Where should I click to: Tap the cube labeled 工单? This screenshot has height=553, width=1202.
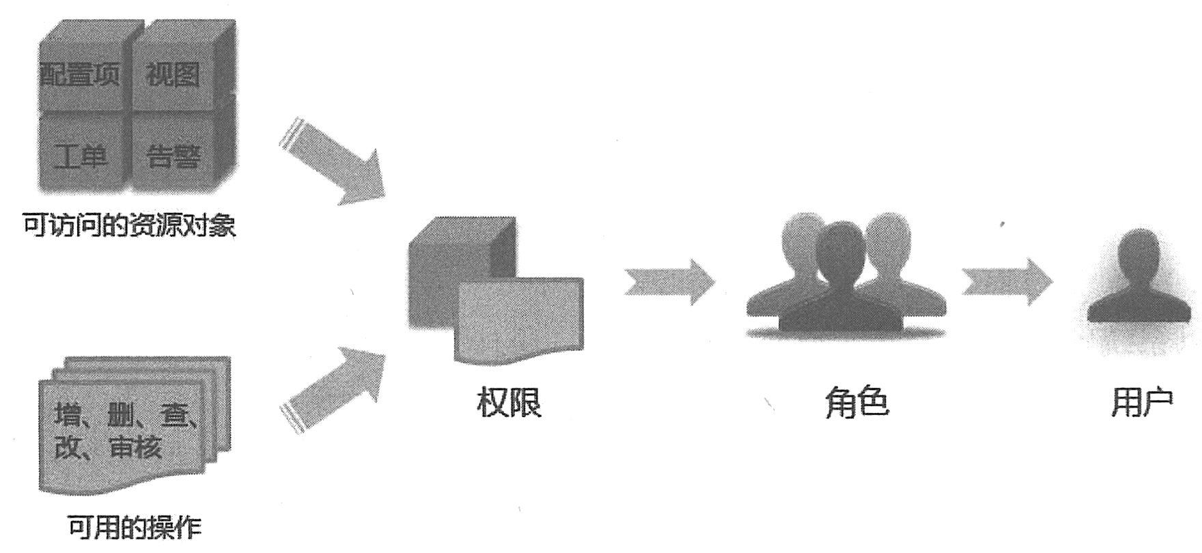[81, 156]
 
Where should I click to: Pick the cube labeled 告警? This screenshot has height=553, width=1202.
[174, 156]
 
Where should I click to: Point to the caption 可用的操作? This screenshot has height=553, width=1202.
[135, 527]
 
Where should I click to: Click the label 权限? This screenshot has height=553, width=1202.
[509, 401]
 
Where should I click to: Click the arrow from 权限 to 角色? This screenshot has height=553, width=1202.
[669, 281]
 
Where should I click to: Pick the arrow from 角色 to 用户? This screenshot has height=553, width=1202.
[1007, 281]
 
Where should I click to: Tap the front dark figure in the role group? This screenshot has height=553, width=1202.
[845, 287]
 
